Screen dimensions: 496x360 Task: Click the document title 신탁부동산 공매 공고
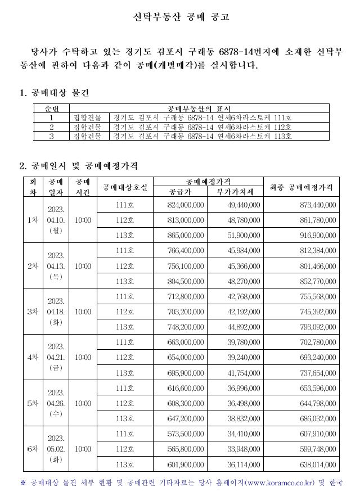point(181,17)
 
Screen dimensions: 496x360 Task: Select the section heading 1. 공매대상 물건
point(55,92)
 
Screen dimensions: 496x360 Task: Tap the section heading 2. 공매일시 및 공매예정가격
point(79,166)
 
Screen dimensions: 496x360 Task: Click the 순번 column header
point(51,109)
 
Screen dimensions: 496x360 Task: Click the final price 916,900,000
point(318,235)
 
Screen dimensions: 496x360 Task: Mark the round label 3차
point(32,312)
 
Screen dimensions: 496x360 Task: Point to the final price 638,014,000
point(318,465)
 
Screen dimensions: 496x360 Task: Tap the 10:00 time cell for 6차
point(83,449)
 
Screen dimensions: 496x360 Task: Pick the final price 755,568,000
point(318,296)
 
